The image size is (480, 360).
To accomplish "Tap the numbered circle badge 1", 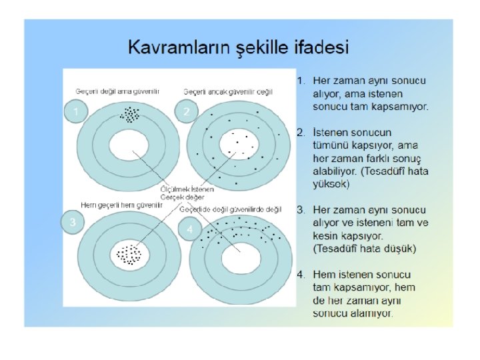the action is (77, 111).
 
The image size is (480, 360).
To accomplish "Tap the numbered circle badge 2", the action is (187, 111).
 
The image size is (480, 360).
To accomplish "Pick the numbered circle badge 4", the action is (191, 229).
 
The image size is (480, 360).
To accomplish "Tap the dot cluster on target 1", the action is (130, 115).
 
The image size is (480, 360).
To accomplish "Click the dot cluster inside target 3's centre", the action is (129, 254).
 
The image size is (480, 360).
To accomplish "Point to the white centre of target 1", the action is (130, 145).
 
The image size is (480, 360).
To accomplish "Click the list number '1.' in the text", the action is (301, 81).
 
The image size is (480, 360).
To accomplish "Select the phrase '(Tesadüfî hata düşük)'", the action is (364, 249).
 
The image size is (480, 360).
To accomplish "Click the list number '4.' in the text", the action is (301, 274).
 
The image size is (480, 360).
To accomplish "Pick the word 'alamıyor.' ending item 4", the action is (374, 312).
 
